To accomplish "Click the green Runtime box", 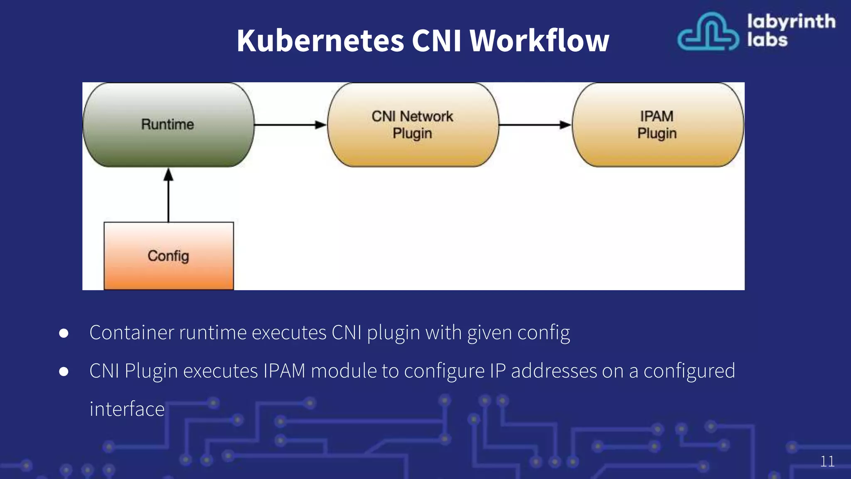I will [x=168, y=125].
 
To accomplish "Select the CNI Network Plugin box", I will [x=413, y=125].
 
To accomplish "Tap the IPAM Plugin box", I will [x=657, y=125].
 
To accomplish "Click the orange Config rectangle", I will [x=168, y=256].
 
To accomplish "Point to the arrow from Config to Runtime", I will [x=168, y=195].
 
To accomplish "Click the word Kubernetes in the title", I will [x=320, y=41].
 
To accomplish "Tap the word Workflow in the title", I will [x=539, y=41].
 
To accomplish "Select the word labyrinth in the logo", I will [x=791, y=22].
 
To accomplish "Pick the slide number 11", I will [x=827, y=462].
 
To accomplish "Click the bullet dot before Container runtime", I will [x=64, y=333].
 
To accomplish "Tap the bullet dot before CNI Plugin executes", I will [x=64, y=371].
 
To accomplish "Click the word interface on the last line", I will [x=127, y=409].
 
